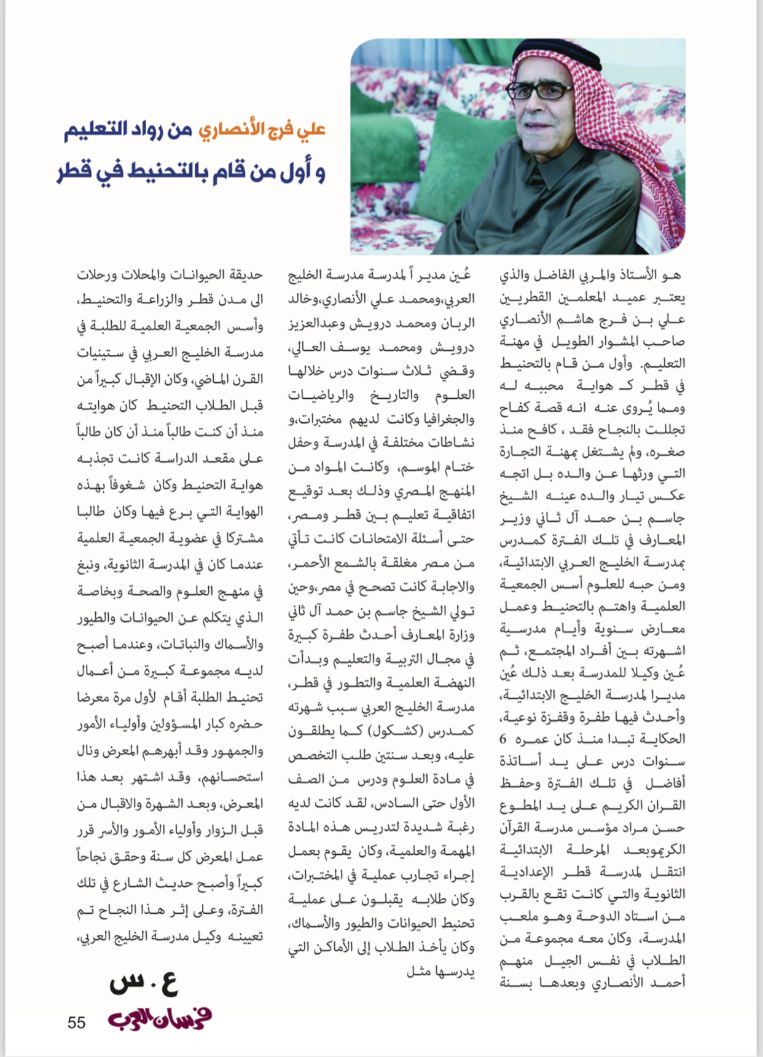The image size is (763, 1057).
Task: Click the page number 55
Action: coord(76,1022)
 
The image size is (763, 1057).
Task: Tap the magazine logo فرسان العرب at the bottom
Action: coord(160,1018)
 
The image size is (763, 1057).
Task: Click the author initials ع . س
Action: coord(144,984)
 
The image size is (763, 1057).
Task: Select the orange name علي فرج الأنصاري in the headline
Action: coord(262,130)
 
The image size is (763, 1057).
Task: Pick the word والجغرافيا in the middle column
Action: coord(443,420)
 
